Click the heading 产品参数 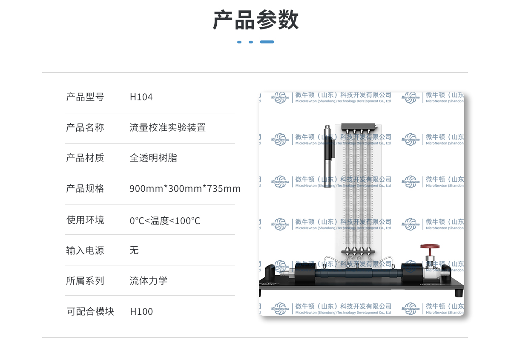point(255,20)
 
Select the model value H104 point(141,97)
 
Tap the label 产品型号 point(85,97)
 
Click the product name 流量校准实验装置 point(167,127)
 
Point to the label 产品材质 point(85,158)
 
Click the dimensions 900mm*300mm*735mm point(185,188)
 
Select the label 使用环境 point(85,220)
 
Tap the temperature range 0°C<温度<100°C point(165,221)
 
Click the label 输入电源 point(85,251)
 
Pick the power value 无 point(134,251)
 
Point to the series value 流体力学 point(148,281)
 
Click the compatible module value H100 point(141,311)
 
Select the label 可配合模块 point(90,311)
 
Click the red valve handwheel point(428,246)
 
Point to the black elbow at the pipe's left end point(270,273)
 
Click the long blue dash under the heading point(267,42)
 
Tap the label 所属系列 point(85,281)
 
